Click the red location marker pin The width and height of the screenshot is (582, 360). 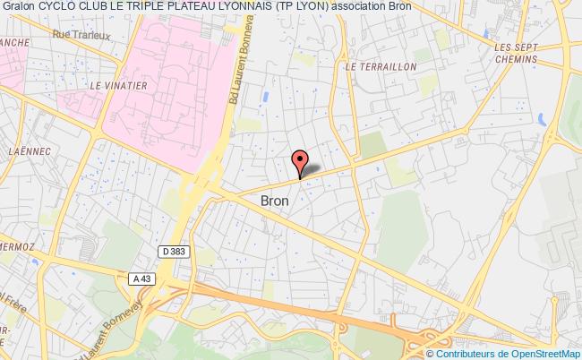coord(300,161)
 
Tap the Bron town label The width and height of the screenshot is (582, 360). coord(274,201)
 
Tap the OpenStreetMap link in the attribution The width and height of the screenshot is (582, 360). coord(546,352)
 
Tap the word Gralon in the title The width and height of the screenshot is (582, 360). coord(19,8)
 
